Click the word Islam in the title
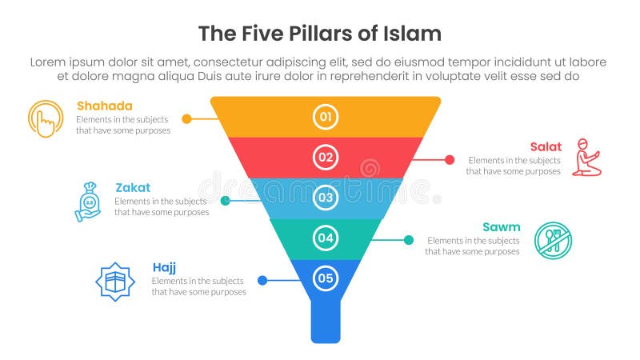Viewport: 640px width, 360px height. click(x=410, y=34)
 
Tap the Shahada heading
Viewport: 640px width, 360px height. click(x=104, y=106)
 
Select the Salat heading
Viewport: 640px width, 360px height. click(x=546, y=146)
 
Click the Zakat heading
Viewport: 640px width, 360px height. click(x=132, y=187)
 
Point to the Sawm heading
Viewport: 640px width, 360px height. click(x=502, y=227)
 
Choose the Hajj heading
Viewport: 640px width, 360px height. click(x=164, y=267)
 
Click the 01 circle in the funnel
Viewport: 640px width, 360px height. click(x=326, y=118)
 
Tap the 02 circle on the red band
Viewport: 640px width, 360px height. click(x=326, y=157)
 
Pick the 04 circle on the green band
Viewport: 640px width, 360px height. click(x=326, y=238)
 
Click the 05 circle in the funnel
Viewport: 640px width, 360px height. click(x=326, y=278)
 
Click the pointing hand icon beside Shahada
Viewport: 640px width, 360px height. click(x=46, y=118)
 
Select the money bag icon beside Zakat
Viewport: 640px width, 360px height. click(x=89, y=201)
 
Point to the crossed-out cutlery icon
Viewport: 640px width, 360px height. click(x=553, y=240)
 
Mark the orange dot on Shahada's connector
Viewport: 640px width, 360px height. click(x=186, y=118)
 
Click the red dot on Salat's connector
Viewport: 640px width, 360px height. click(x=450, y=159)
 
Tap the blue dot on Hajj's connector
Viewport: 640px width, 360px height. click(x=262, y=281)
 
